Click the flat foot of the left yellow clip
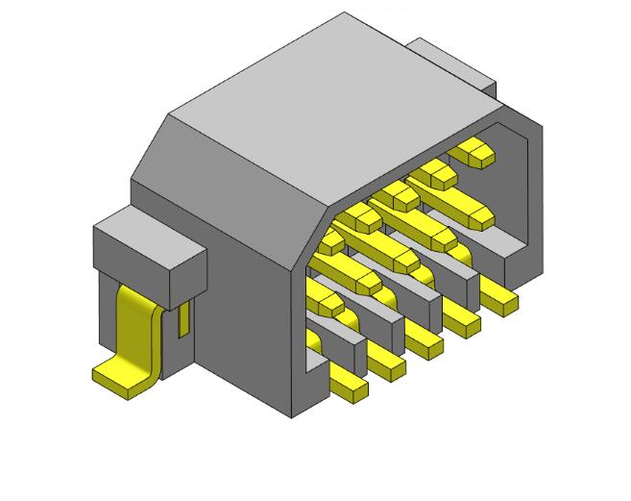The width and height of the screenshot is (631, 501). pos(120,378)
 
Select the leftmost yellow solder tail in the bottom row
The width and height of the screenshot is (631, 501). pos(349,384)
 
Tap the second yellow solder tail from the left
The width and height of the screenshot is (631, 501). pos(387,364)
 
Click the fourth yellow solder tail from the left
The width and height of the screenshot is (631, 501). pos(462,322)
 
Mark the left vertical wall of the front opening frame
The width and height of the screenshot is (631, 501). pos(298,337)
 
